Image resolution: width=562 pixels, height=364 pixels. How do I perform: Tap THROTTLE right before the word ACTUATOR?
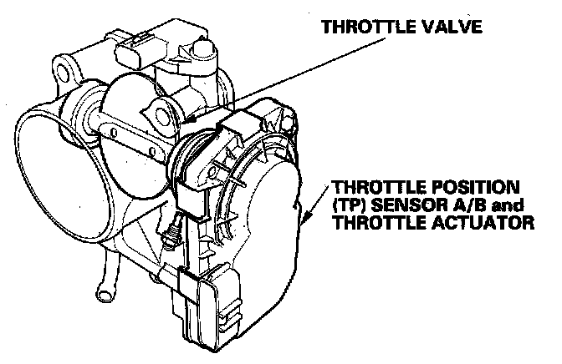coord(375,223)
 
